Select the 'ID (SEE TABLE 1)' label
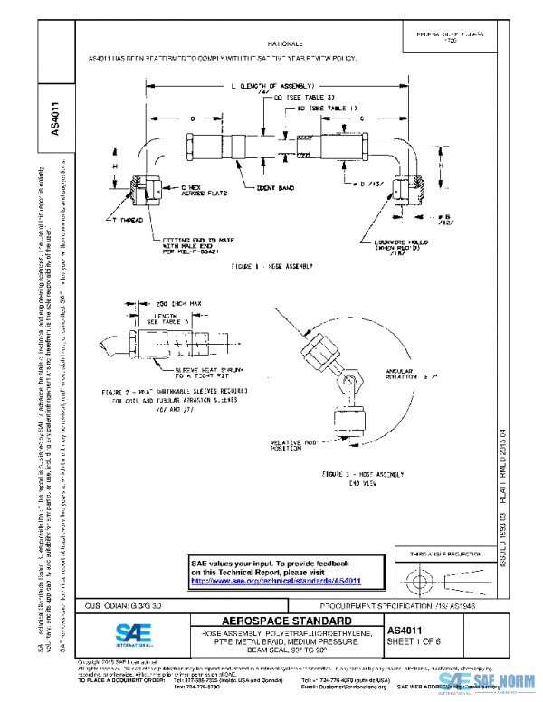316,109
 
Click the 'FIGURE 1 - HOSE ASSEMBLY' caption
271,266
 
